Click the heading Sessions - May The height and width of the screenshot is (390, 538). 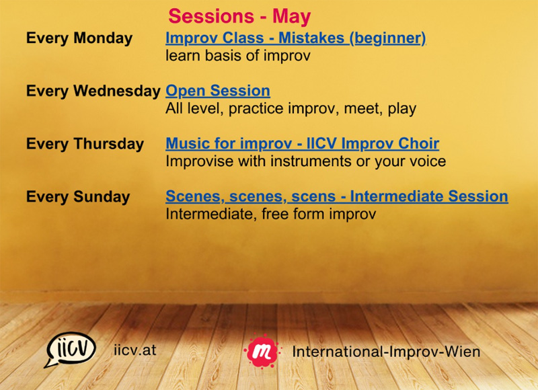point(239,16)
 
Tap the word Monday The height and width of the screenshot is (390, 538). point(103,38)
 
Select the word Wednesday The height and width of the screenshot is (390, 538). point(117,91)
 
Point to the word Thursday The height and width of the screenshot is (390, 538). point(109,144)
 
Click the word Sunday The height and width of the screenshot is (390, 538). point(102,197)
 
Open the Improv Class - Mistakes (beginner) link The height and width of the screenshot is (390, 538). point(296,38)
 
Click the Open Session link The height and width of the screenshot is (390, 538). point(218,91)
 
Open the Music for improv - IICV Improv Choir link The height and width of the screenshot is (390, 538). point(302,144)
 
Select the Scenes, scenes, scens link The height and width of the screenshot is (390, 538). point(250,196)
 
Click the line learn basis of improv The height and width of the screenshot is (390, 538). point(238,56)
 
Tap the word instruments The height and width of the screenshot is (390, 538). point(311,161)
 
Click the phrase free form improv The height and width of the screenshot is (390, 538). point(319,214)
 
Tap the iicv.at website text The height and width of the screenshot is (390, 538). point(135,350)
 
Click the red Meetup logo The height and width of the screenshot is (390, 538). point(262,351)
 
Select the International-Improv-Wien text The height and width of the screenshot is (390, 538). point(386,352)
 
